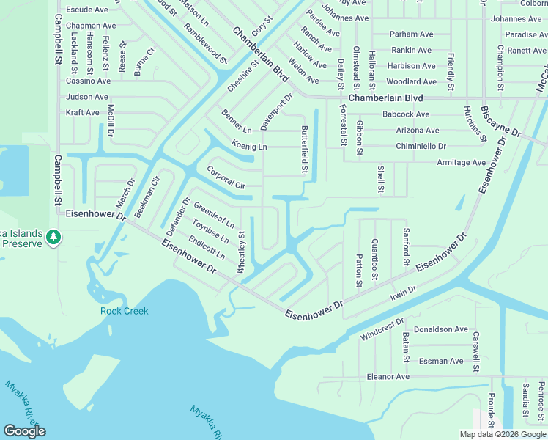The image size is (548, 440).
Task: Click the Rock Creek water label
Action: click(x=124, y=311)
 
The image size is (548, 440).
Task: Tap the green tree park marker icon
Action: click(x=53, y=238)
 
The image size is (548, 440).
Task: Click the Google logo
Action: click(x=24, y=430)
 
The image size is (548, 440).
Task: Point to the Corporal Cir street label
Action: click(x=226, y=177)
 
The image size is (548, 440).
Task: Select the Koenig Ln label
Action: click(x=249, y=147)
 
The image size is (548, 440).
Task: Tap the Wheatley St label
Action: click(x=240, y=253)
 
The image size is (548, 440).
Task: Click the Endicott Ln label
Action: click(x=207, y=247)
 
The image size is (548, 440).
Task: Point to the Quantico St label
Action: click(x=374, y=259)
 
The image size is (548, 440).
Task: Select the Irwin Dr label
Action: click(x=403, y=291)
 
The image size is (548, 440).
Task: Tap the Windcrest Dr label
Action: click(x=382, y=329)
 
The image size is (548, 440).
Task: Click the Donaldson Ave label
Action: click(x=440, y=329)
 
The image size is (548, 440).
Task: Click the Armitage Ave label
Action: click(x=462, y=162)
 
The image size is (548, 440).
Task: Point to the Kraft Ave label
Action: click(x=82, y=113)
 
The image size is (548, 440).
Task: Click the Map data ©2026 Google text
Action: click(x=503, y=433)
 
